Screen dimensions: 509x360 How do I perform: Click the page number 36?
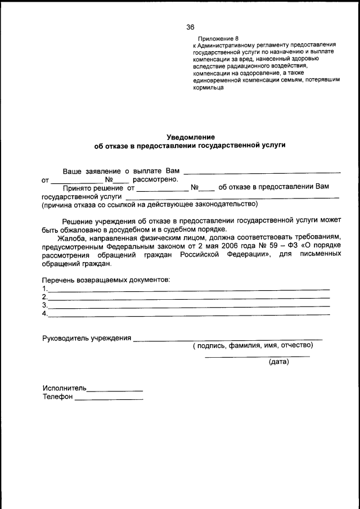(x=190, y=27)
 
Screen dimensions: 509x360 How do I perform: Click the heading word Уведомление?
(x=191, y=137)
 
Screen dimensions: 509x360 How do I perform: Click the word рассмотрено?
(x=155, y=179)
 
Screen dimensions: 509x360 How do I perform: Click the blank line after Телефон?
(x=109, y=399)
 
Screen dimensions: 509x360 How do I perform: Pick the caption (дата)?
(x=279, y=362)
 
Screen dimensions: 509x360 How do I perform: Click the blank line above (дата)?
(x=257, y=357)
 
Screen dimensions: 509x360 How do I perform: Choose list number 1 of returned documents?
(x=44, y=288)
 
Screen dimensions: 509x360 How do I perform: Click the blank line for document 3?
(x=188, y=307)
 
